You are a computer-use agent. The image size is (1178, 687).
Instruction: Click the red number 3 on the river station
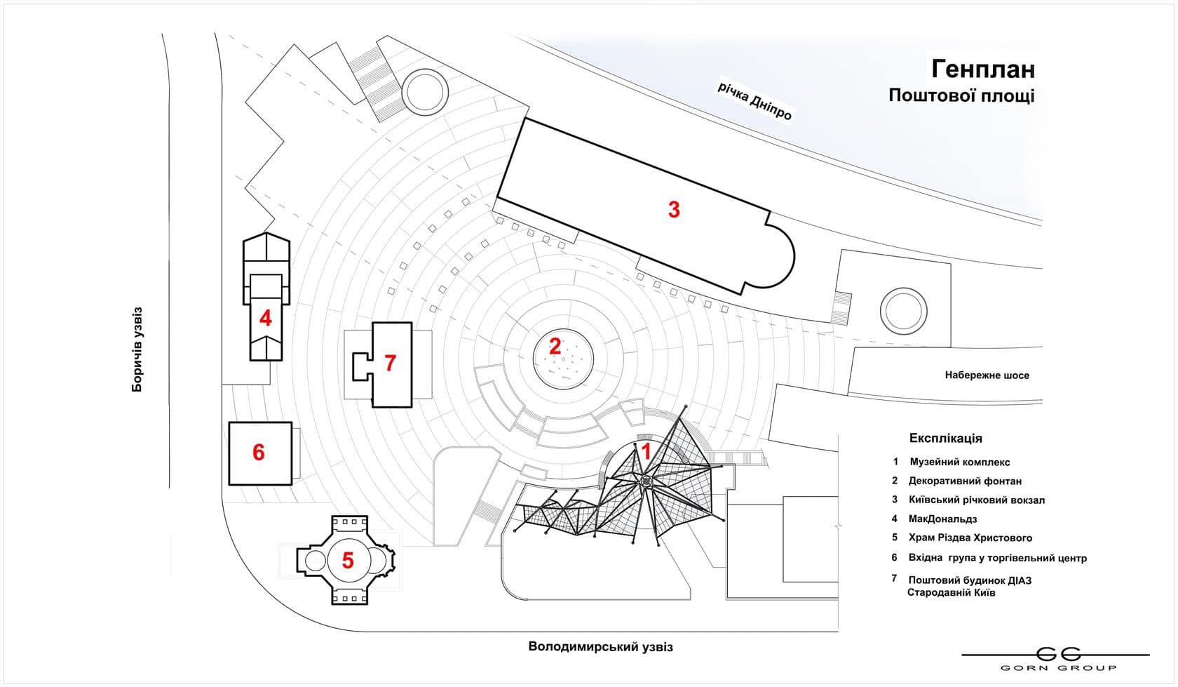click(x=673, y=209)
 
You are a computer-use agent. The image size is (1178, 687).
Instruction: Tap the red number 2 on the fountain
click(x=555, y=347)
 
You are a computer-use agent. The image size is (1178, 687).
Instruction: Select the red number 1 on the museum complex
click(x=646, y=451)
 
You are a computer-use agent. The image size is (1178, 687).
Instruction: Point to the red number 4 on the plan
click(x=265, y=319)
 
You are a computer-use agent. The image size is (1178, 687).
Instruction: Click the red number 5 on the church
click(x=348, y=561)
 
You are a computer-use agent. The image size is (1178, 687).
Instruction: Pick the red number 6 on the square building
click(x=259, y=453)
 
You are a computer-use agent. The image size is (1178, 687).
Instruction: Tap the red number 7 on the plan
click(x=390, y=363)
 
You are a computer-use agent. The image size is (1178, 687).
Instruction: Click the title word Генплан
click(x=982, y=69)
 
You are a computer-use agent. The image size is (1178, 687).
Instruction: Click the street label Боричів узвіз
click(x=137, y=349)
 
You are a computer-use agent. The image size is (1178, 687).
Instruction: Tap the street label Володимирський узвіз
click(x=600, y=647)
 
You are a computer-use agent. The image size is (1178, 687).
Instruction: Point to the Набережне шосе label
click(x=987, y=375)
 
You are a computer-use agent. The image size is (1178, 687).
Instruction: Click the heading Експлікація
click(x=945, y=438)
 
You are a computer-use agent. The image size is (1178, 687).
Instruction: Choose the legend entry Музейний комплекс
click(x=959, y=462)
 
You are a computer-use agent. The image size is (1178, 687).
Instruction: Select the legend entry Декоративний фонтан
click(x=965, y=481)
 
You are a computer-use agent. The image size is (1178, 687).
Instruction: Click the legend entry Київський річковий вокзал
click(x=976, y=500)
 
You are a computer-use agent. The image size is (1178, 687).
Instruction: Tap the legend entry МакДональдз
click(x=942, y=519)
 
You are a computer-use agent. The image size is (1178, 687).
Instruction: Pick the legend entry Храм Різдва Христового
click(x=970, y=538)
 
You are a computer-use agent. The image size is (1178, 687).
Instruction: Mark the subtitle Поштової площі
click(x=961, y=95)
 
